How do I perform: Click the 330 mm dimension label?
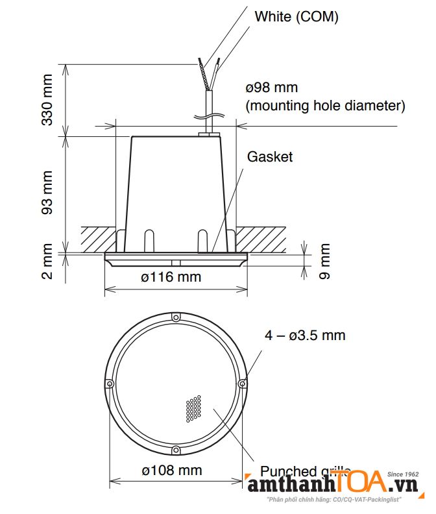coord(48,100)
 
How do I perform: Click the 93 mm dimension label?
coord(48,192)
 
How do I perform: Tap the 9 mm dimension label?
coord(324,261)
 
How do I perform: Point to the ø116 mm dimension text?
coord(171,277)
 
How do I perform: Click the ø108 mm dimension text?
coord(171,470)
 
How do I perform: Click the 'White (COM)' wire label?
coord(296,18)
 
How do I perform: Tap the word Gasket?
coord(270,156)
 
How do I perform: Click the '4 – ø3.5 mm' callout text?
coord(305,336)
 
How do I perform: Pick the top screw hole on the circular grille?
coord(175,317)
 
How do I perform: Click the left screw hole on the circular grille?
coord(110,384)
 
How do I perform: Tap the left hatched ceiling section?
coord(97,238)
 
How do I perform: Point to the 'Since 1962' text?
coord(403,474)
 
